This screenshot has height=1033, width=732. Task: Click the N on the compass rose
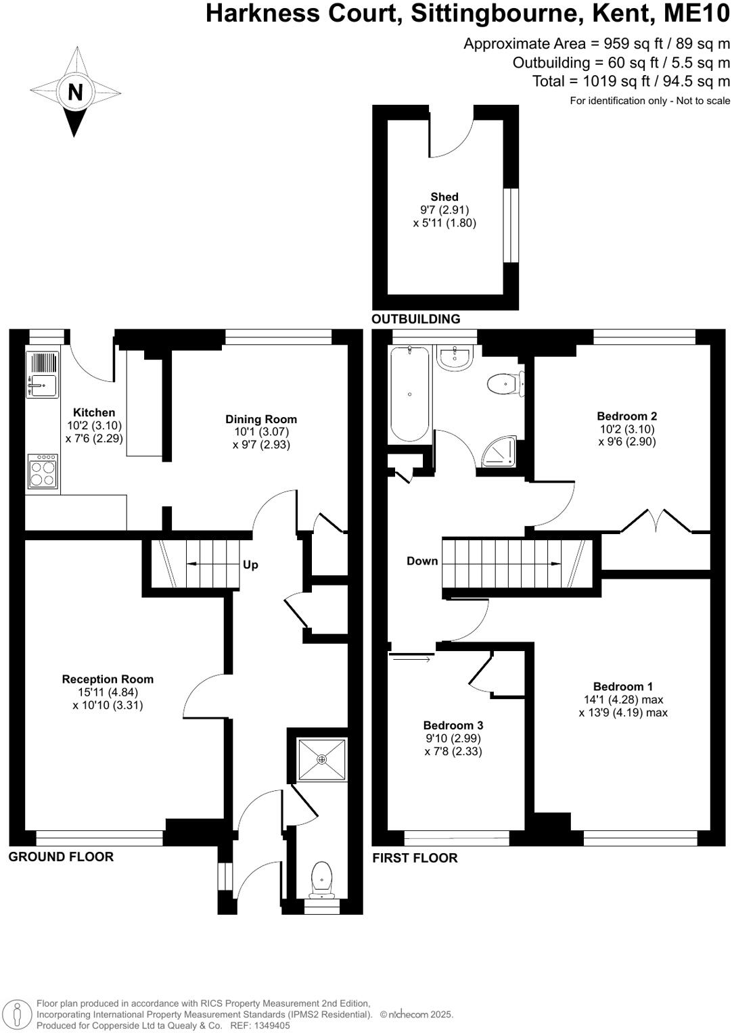click(x=75, y=92)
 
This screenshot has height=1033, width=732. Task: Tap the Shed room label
click(x=444, y=197)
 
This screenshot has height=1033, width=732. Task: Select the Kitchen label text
click(x=94, y=412)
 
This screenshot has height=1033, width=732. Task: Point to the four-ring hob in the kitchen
click(x=43, y=471)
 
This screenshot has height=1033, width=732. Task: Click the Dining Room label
click(x=261, y=419)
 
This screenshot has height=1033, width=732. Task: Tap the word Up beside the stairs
click(x=250, y=564)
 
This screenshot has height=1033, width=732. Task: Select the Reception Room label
click(x=108, y=679)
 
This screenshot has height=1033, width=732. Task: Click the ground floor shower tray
click(x=322, y=759)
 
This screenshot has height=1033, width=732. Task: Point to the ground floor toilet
click(x=321, y=878)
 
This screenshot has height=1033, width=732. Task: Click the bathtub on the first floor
click(x=409, y=394)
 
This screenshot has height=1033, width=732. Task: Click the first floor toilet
click(x=504, y=384)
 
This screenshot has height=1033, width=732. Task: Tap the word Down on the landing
click(x=422, y=561)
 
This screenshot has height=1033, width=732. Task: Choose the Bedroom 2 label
click(x=626, y=416)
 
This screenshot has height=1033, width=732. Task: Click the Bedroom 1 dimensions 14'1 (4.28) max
click(x=623, y=700)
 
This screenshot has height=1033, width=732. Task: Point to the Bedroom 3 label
click(x=453, y=725)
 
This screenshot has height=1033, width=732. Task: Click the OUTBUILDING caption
click(x=416, y=319)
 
